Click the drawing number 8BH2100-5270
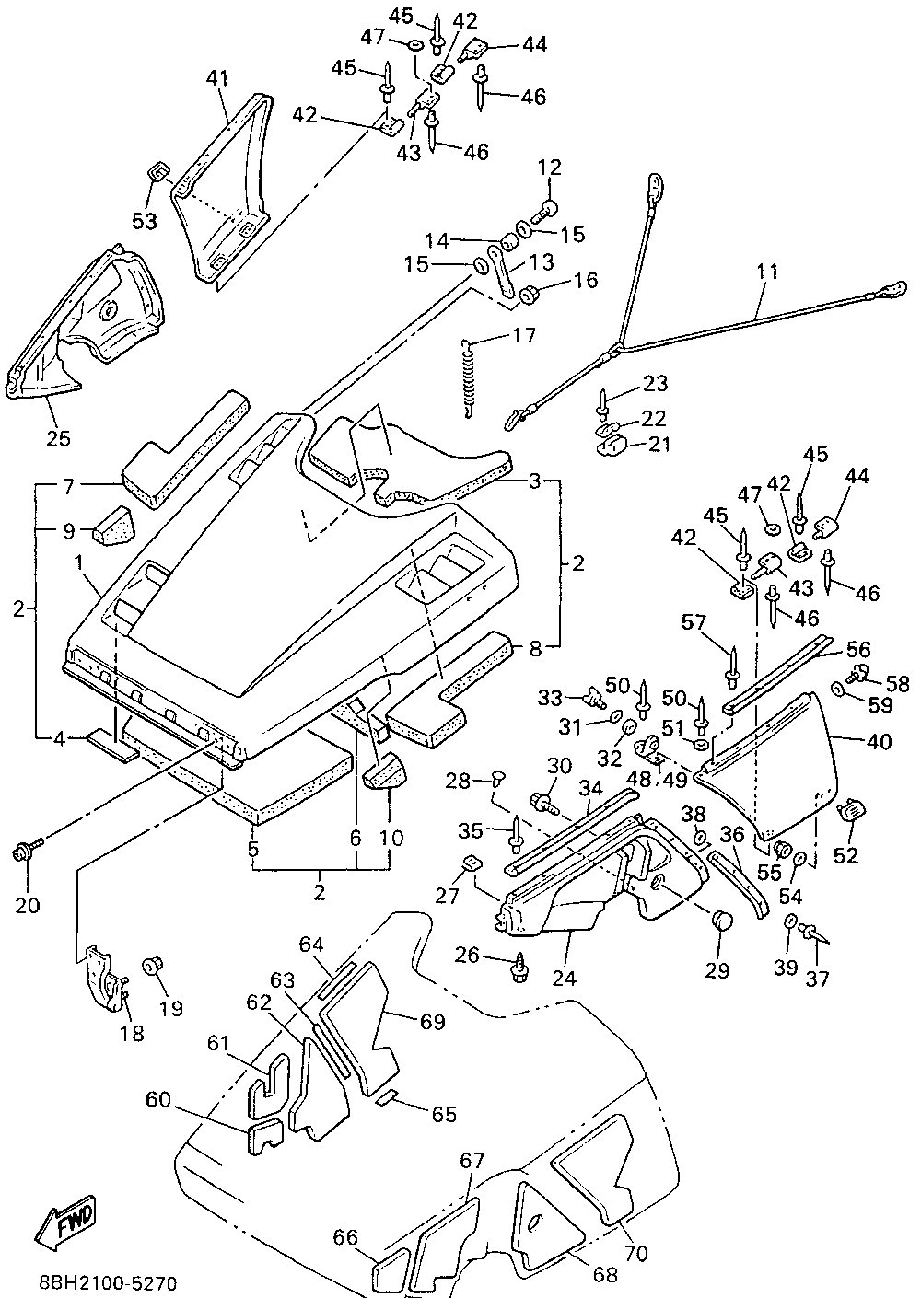[108, 1282]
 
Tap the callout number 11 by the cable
[767, 272]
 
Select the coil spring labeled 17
[471, 377]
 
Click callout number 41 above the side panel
[217, 79]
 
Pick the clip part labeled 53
[157, 173]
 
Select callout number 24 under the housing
[564, 979]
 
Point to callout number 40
[879, 741]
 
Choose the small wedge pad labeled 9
[113, 527]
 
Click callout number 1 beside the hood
[78, 562]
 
